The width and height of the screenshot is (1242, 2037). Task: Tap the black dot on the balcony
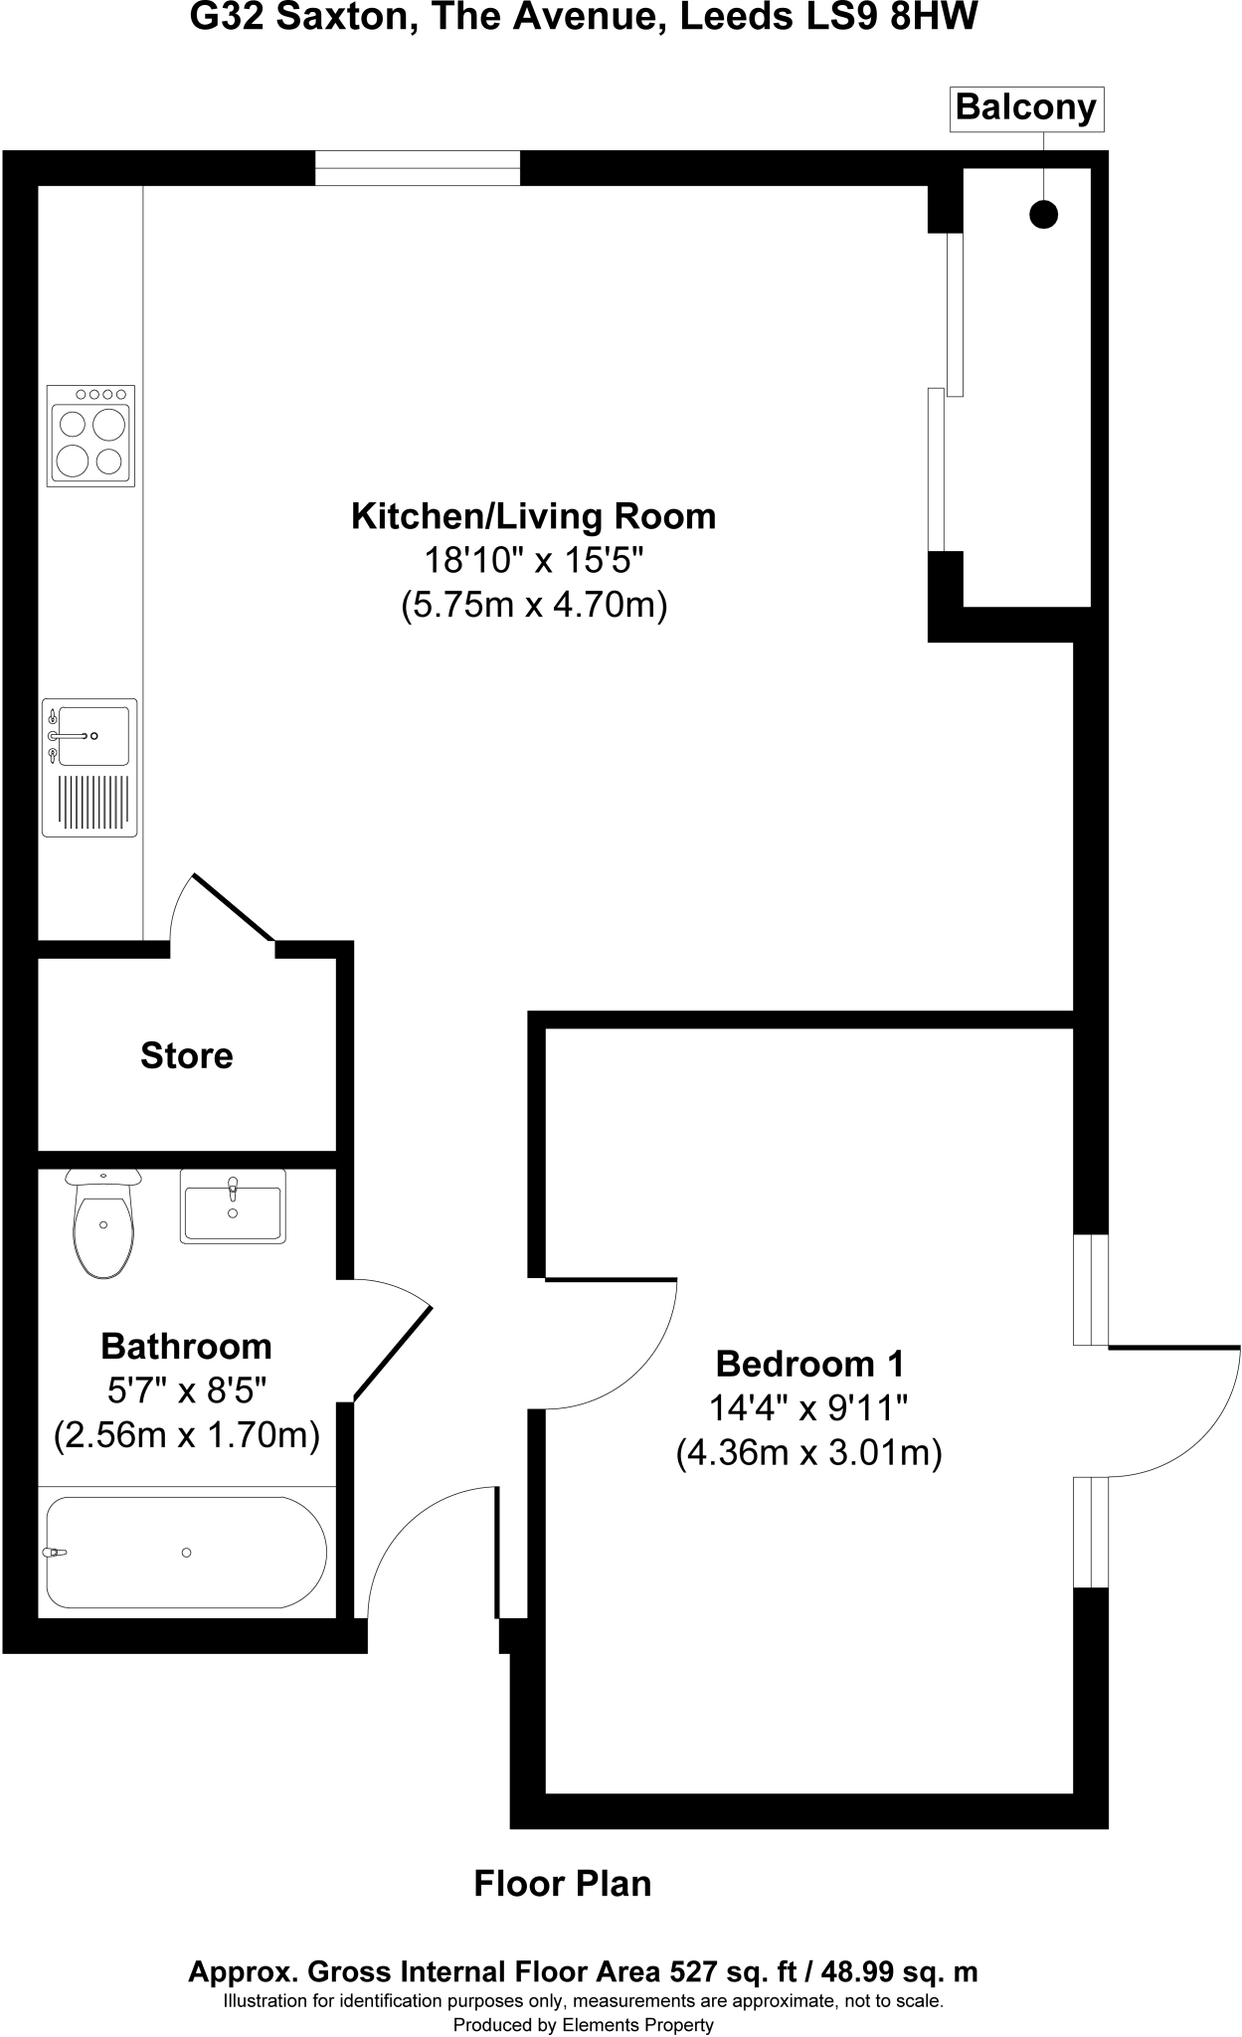(x=1043, y=214)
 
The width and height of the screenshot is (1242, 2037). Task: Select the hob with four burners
(x=90, y=436)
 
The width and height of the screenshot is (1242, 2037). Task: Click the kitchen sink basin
(x=92, y=736)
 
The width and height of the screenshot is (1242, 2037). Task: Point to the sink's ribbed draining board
(x=92, y=802)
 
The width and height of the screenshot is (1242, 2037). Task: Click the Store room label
(x=187, y=1055)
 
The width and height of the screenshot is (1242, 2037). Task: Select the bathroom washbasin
(x=233, y=1206)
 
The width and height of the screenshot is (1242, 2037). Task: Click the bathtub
(x=187, y=1552)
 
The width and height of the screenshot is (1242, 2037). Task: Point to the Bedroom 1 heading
(x=809, y=1363)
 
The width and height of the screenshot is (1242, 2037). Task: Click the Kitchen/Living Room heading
(x=533, y=516)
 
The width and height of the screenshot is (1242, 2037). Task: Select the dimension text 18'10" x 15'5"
(x=535, y=561)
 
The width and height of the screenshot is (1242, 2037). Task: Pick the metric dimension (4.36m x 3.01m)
(x=808, y=1453)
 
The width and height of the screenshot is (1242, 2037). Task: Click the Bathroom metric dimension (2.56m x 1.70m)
(x=187, y=1435)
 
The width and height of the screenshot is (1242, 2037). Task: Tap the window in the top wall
(x=418, y=168)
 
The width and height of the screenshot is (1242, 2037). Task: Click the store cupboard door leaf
(x=233, y=907)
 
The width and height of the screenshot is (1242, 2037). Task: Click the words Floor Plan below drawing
(x=562, y=1884)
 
